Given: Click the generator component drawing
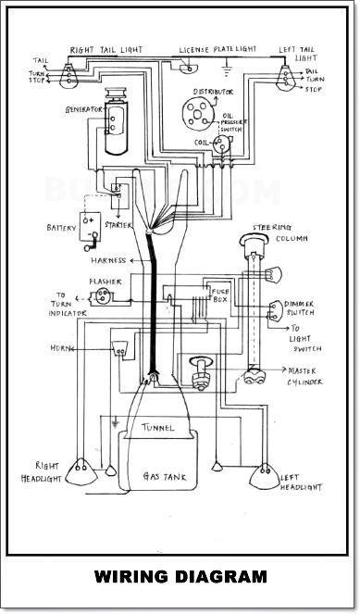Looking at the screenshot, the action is pyautogui.click(x=116, y=120).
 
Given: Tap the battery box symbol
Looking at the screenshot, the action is pyautogui.click(x=90, y=227).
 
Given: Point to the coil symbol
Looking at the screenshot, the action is pyautogui.click(x=221, y=144).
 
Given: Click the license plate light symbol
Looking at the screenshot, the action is pyautogui.click(x=189, y=69).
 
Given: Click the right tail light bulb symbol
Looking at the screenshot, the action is pyautogui.click(x=68, y=76).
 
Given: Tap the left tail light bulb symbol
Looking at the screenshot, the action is pyautogui.click(x=286, y=78).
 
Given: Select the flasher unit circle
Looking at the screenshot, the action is pyautogui.click(x=103, y=296).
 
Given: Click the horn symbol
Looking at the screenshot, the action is pyautogui.click(x=120, y=348).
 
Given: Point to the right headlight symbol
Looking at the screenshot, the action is pyautogui.click(x=81, y=471).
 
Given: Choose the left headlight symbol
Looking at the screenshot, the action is pyautogui.click(x=265, y=476).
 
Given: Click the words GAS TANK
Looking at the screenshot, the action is pyautogui.click(x=165, y=477).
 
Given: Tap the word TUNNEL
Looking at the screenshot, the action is pyautogui.click(x=157, y=428).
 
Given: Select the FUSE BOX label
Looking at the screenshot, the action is pyautogui.click(x=220, y=295).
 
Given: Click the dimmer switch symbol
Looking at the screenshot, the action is pyautogui.click(x=276, y=311).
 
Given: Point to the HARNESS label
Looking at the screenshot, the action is pyautogui.click(x=108, y=260).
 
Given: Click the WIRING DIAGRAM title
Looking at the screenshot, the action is pyautogui.click(x=180, y=577).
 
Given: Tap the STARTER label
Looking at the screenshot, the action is pyautogui.click(x=118, y=225).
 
